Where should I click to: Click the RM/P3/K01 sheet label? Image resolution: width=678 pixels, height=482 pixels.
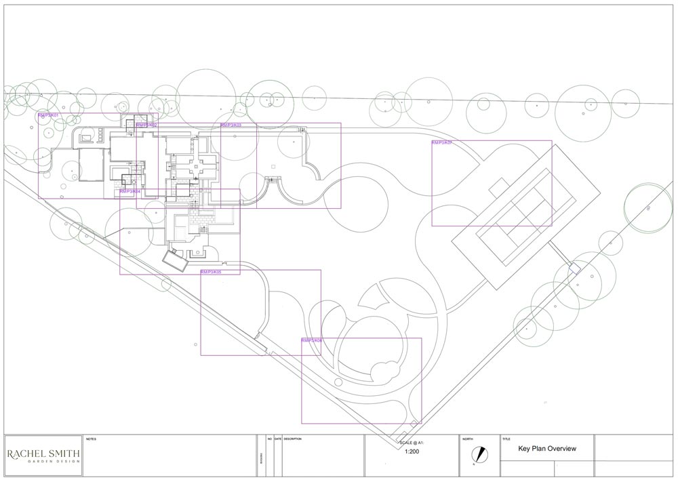pyautogui.click(x=49, y=116)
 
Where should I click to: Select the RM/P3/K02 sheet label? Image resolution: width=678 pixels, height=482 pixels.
pyautogui.click(x=146, y=125)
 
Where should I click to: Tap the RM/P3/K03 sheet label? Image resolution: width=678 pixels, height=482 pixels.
pyautogui.click(x=231, y=125)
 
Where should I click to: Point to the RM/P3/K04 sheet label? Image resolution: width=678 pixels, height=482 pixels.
pyautogui.click(x=130, y=192)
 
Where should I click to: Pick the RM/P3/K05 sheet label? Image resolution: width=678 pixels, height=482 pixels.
pyautogui.click(x=211, y=272)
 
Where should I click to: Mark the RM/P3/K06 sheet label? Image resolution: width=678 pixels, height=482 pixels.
pyautogui.click(x=312, y=340)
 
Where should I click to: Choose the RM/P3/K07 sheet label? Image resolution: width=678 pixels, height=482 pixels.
pyautogui.click(x=442, y=143)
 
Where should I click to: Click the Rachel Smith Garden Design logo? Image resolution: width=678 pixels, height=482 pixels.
pyautogui.click(x=43, y=456)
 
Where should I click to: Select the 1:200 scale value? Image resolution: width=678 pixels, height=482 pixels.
pyautogui.click(x=411, y=451)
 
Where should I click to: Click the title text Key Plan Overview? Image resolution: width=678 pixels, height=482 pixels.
pyautogui.click(x=546, y=449)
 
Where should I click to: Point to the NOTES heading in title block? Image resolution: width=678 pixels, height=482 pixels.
pyautogui.click(x=92, y=439)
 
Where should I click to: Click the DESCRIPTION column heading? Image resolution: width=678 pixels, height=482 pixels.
pyautogui.click(x=293, y=439)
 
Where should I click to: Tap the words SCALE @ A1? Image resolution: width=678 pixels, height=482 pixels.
pyautogui.click(x=411, y=441)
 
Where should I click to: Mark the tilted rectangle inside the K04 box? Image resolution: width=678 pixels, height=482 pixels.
pyautogui.click(x=175, y=260)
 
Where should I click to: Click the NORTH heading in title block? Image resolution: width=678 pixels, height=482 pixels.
pyautogui.click(x=468, y=439)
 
